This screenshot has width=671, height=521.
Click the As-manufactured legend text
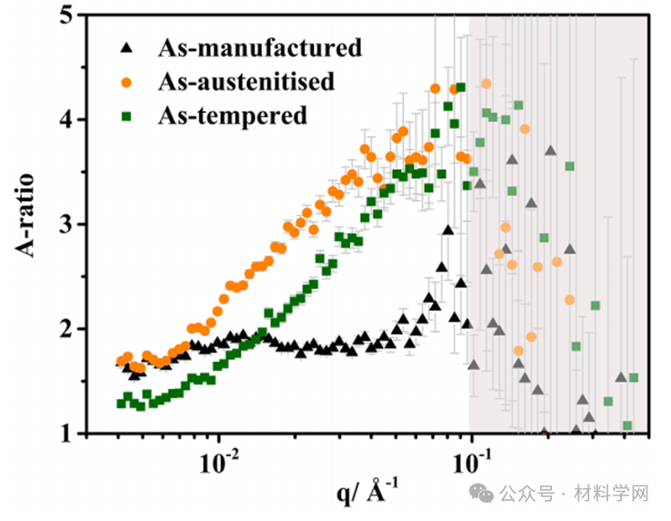[259, 47]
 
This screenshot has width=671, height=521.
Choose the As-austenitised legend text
[245, 81]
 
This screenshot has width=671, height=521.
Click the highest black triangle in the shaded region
[550, 151]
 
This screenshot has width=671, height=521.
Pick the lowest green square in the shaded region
[627, 426]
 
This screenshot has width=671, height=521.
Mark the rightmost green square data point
[634, 377]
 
